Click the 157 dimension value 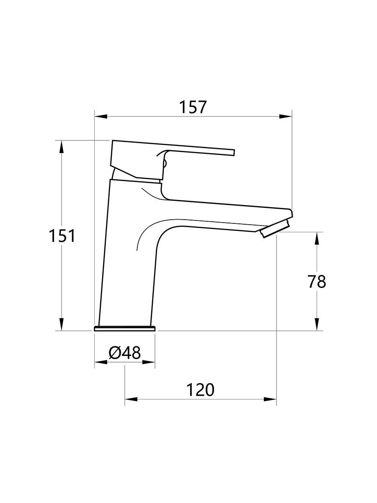click(x=193, y=107)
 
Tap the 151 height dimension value click(x=62, y=236)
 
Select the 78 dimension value click(x=317, y=281)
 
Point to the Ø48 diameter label click(x=124, y=353)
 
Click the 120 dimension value click(x=201, y=389)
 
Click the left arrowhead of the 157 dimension click(x=101, y=117)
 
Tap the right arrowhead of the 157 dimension click(x=285, y=117)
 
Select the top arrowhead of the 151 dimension click(x=61, y=147)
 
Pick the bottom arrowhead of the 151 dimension click(x=61, y=324)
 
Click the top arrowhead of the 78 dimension click(x=317, y=239)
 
